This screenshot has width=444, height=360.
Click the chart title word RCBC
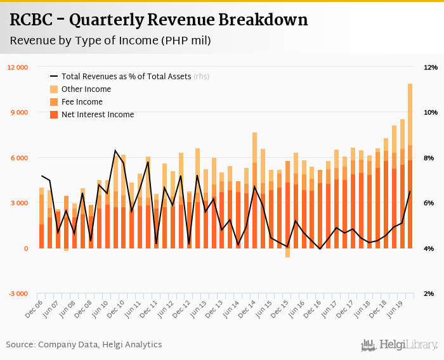[34, 20]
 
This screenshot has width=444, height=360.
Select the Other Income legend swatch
[54, 89]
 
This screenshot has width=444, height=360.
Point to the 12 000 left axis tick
[18, 67]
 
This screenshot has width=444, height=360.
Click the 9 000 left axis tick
[20, 112]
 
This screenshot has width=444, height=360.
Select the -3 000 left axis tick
[18, 294]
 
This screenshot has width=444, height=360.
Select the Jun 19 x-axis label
[403, 308]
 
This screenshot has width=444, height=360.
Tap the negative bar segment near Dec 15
[287, 253]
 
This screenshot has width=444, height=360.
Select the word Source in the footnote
[20, 345]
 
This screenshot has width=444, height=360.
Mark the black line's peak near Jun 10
[115, 150]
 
